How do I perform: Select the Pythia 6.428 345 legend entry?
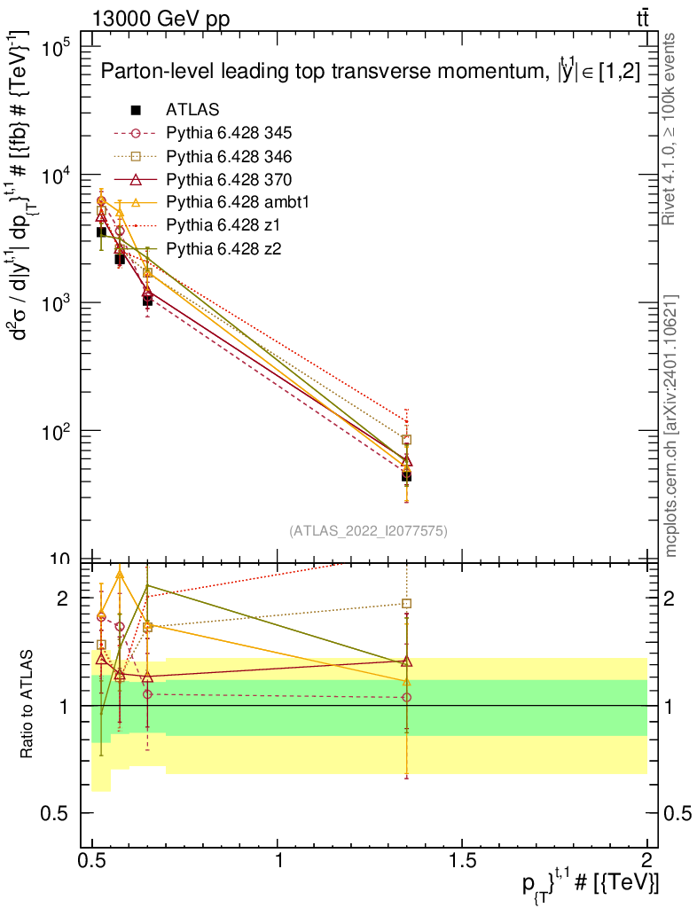tap(202, 133)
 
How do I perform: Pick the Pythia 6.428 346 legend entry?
tap(202, 156)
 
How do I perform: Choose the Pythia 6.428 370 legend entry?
tap(202, 179)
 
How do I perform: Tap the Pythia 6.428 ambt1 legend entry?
tap(211, 201)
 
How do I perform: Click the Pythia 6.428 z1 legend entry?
tap(197, 224)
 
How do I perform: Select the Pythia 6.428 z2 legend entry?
tap(197, 248)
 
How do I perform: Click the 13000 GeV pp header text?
tap(161, 20)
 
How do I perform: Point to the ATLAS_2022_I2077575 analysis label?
tap(368, 530)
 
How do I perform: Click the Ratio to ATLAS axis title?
tap(26, 704)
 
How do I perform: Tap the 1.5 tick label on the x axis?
tap(462, 859)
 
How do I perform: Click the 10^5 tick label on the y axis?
tap(56, 48)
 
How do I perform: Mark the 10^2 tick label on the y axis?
tap(56, 432)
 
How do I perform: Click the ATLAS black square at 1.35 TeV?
tap(406, 476)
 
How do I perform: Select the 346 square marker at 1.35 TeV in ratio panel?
tap(406, 603)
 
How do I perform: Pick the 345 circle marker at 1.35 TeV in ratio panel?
tap(406, 697)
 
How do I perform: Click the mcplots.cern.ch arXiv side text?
tap(670, 426)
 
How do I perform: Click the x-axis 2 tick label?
tap(646, 859)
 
